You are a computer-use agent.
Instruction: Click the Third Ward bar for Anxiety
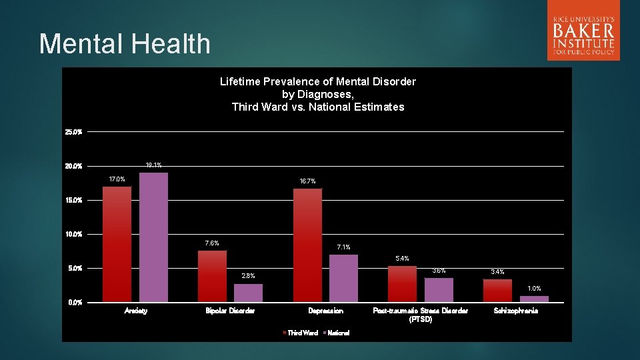117,244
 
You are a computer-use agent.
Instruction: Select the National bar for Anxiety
153,237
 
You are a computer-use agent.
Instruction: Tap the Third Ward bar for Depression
307,245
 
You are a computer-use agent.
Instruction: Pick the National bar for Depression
343,278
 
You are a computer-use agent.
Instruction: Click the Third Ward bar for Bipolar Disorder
212,276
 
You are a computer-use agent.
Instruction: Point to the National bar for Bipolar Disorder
248,293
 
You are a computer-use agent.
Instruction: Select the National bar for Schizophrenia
534,299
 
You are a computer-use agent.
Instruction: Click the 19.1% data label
153,165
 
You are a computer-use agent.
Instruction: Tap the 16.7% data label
307,181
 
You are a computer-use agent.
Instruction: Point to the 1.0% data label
534,289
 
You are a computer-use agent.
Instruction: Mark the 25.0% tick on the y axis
74,132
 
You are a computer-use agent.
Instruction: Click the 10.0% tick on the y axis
74,234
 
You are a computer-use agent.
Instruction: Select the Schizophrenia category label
515,311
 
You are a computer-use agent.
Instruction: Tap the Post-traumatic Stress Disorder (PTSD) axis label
421,315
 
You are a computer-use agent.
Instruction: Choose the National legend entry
337,333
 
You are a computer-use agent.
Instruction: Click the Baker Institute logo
583,31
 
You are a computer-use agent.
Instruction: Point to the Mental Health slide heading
125,44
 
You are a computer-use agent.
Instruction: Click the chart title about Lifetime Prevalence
317,94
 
